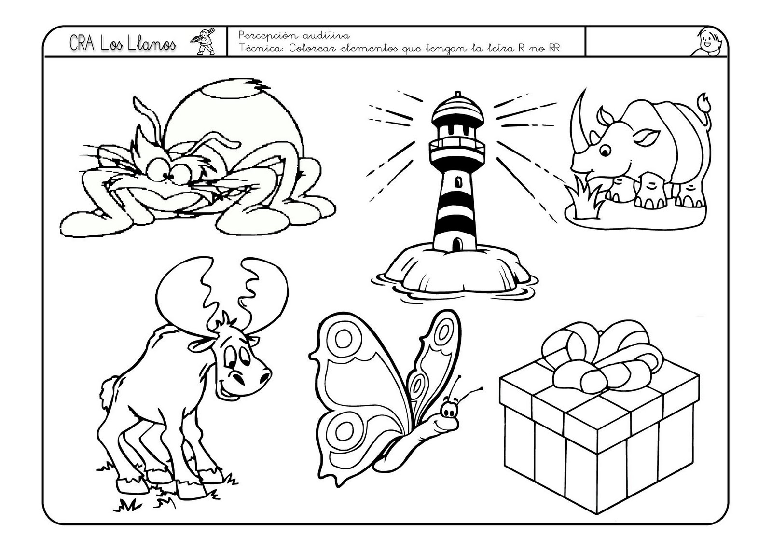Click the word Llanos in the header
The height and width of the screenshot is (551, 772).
(x=152, y=44)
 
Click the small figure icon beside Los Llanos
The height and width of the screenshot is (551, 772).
(x=203, y=41)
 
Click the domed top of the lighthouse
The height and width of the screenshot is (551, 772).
(x=457, y=107)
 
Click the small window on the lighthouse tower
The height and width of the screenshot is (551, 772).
(x=458, y=181)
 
